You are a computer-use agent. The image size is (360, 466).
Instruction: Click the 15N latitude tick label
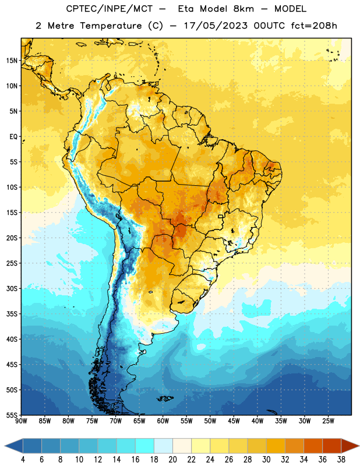click(x=12, y=61)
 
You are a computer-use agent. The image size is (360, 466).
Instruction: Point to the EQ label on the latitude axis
click(x=13, y=137)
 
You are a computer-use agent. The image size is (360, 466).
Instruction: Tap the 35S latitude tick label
click(x=12, y=314)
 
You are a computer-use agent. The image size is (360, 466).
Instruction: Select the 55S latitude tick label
click(x=12, y=415)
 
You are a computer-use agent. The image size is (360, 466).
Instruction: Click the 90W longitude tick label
click(x=21, y=421)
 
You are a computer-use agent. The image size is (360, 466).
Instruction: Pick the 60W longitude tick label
click(x=163, y=421)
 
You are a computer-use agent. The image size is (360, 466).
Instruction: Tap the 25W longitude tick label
click(x=328, y=421)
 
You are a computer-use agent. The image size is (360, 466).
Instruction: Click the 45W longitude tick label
click(x=234, y=421)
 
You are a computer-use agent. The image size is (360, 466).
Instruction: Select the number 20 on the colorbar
click(x=172, y=460)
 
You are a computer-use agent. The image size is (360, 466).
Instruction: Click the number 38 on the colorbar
click(x=341, y=460)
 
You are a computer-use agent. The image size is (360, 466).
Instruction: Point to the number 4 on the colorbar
click(x=23, y=460)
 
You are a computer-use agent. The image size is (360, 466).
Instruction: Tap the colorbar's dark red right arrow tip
click(x=359, y=446)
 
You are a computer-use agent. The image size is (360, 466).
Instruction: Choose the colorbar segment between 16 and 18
click(x=144, y=446)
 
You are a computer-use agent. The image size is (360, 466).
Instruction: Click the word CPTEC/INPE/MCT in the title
click(x=109, y=9)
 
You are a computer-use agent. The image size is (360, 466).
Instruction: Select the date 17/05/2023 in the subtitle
click(x=216, y=26)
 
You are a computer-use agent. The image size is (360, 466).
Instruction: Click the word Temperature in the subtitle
click(x=111, y=26)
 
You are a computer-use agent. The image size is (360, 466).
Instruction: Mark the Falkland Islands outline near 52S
click(x=165, y=398)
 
